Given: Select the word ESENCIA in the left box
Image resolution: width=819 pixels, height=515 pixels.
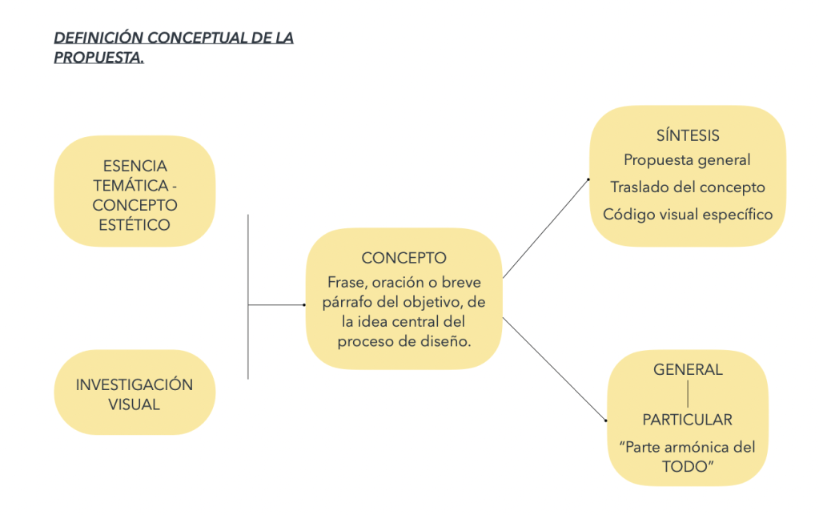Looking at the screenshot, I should (135, 167).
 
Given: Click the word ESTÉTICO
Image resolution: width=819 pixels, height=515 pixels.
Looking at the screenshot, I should (134, 225).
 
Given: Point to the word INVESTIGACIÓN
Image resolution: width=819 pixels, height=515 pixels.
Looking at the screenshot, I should (134, 384).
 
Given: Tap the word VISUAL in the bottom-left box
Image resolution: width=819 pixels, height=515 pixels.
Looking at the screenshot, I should (134, 404).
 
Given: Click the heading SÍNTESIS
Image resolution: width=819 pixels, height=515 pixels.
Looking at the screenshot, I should (688, 135).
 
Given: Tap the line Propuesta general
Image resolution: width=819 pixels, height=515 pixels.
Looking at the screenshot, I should (687, 160).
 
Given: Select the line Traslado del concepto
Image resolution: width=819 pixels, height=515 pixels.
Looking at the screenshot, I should (687, 187).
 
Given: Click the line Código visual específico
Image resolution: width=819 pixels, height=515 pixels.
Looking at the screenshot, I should (687, 214).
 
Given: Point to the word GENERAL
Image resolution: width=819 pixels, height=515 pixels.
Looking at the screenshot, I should (688, 370).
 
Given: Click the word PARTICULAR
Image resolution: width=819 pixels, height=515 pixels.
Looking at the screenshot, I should (687, 420).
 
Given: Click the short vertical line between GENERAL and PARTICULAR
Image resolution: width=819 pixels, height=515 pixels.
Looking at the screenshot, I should (688, 395).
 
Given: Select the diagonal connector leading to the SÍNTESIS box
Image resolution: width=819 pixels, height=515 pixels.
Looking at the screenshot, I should (546, 228).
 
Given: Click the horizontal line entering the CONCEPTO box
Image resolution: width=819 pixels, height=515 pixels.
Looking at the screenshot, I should (276, 305).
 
